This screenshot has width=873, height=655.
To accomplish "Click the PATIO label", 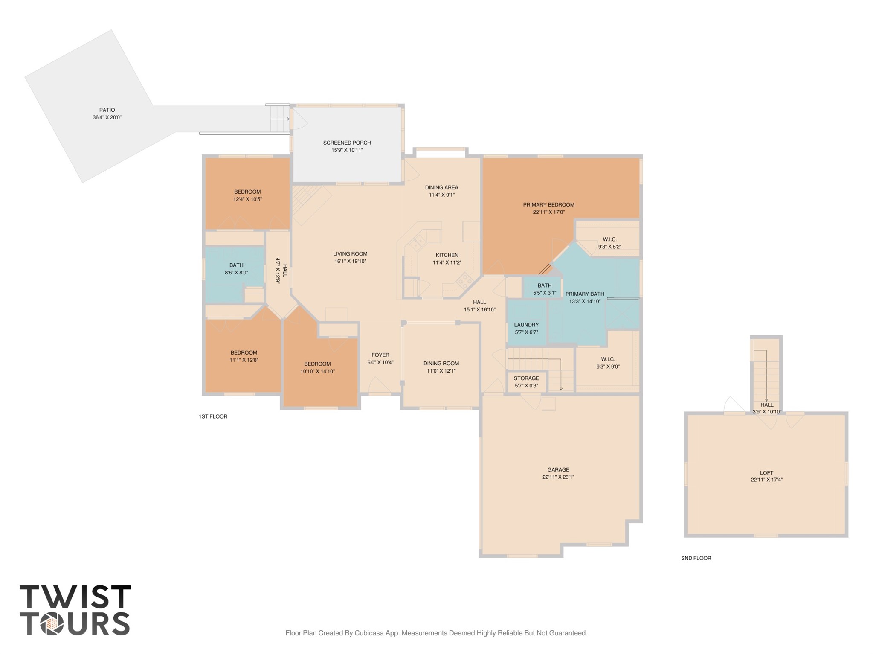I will pos(107,110).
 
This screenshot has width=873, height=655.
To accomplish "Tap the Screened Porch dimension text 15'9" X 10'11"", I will pos(347,150).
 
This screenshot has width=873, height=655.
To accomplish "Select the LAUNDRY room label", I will pos(526,325).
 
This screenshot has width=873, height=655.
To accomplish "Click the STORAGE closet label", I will pos(526,378).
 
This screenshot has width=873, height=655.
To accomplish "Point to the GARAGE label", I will pos(558,469).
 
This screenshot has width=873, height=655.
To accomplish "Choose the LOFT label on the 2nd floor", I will pos(766,472).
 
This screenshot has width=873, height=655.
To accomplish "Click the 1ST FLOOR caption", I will pos(213,416).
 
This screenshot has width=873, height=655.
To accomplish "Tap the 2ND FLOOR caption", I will pos(696,558).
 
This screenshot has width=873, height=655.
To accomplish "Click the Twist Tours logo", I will pos(75,610).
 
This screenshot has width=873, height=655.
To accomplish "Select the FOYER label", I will pos(380,355).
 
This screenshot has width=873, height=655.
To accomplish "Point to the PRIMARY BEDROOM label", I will pos(548,204).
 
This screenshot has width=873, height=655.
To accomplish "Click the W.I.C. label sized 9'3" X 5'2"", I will pos(609,239).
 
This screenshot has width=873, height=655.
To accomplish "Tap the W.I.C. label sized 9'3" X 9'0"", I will pos(608,359).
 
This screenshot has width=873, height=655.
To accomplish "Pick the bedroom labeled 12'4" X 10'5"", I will pos(247,192).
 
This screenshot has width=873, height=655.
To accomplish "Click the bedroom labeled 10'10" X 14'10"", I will pos(317,364).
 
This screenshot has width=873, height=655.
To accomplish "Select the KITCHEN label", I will pos(447,255).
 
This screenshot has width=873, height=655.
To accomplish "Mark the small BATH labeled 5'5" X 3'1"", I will pos(544,285).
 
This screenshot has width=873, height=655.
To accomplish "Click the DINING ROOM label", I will pos(441,364).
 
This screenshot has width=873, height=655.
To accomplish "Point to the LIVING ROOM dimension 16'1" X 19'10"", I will pos(350,261).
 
